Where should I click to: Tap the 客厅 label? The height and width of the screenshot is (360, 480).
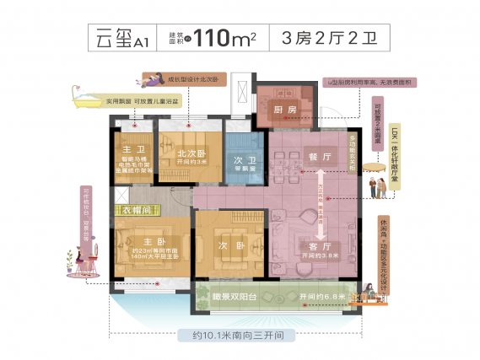[x=309, y=247]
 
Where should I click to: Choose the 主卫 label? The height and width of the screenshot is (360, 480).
[x=131, y=148]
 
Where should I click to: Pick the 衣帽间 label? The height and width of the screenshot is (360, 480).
[x=136, y=207]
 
